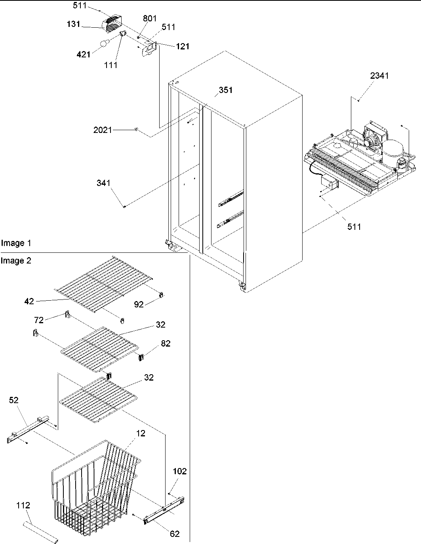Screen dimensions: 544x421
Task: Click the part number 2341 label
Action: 379,76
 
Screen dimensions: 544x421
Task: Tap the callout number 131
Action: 73,24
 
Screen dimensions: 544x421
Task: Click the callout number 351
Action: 225,90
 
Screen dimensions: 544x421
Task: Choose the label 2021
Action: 103,130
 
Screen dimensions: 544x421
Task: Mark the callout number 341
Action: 103,183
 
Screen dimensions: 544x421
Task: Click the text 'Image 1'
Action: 16,243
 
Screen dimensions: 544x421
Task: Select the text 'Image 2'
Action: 16,261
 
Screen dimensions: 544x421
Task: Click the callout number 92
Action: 139,305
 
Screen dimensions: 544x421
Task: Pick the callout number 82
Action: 166,343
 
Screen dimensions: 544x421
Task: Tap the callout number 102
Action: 179,471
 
